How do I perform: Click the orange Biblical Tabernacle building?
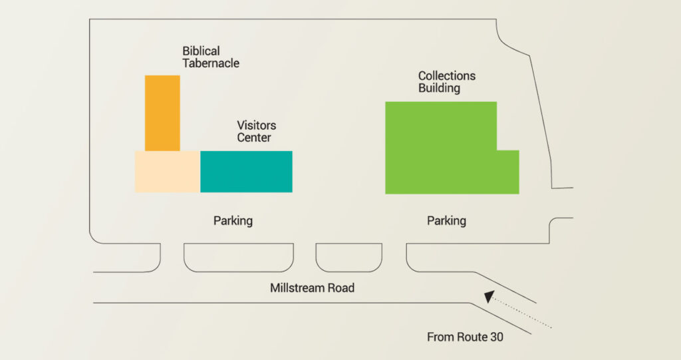pyautogui.click(x=162, y=113)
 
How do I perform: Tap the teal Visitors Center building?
pyautogui.click(x=246, y=172)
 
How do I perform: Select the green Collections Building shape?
pyautogui.click(x=442, y=148)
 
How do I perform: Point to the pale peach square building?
pyautogui.click(x=167, y=172)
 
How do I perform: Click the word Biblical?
pyautogui.click(x=201, y=51)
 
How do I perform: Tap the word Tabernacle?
pyautogui.click(x=211, y=63)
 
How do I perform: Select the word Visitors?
pyautogui.click(x=256, y=125)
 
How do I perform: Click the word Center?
pyautogui.click(x=254, y=137)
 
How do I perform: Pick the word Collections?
pyautogui.click(x=447, y=76)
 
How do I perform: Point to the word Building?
pyautogui.click(x=439, y=88)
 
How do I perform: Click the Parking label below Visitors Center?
pyautogui.click(x=233, y=221)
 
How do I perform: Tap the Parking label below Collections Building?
pyautogui.click(x=446, y=221)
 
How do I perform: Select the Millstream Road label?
pyautogui.click(x=313, y=288)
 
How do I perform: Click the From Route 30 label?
pyautogui.click(x=465, y=337)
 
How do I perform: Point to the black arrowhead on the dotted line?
pyautogui.click(x=489, y=297)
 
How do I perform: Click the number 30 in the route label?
pyautogui.click(x=496, y=337)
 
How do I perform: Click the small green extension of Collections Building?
pyautogui.click(x=508, y=172)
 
